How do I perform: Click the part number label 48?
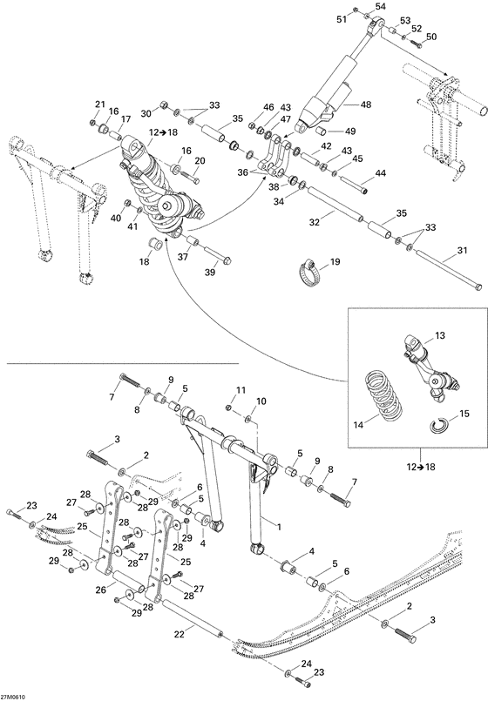pyautogui.click(x=365, y=104)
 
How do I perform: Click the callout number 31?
pyautogui.click(x=451, y=255)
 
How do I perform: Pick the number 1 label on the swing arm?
pyautogui.click(x=279, y=526)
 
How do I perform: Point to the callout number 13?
pyautogui.click(x=440, y=334)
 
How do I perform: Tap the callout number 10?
pyautogui.click(x=261, y=402)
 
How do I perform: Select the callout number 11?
pyautogui.click(x=243, y=390)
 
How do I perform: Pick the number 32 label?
pyautogui.click(x=290, y=223)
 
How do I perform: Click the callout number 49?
pyautogui.click(x=350, y=131)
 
